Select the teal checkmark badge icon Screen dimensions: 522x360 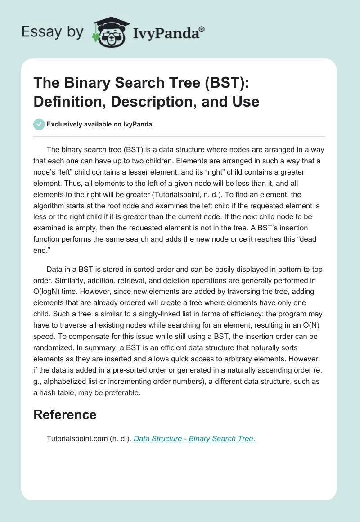(39, 124)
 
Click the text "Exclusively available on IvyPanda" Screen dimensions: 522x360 (99, 124)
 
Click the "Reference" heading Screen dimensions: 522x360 (65, 414)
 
